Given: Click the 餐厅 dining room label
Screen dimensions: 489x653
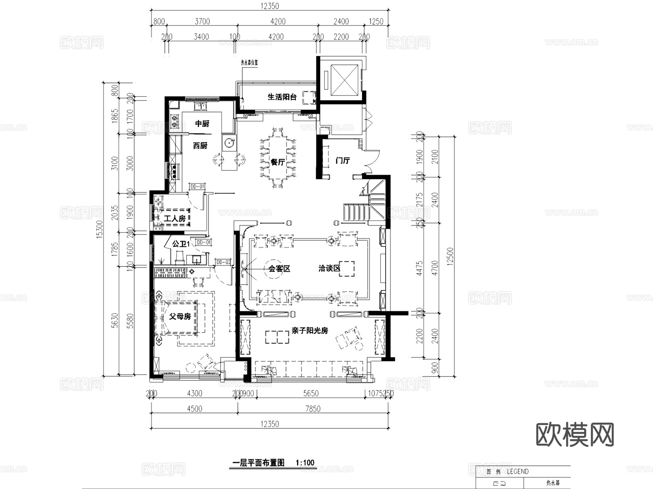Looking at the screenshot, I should pos(278,162).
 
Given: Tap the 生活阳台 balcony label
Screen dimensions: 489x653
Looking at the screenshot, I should pos(282,97).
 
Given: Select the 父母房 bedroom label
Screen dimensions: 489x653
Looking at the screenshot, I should pos(180,317).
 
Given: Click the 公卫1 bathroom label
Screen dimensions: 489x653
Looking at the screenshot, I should pos(180,244).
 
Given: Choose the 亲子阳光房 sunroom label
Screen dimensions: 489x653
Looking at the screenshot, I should pos(309,331).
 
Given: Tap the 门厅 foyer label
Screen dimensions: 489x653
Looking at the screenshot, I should pos(342,160).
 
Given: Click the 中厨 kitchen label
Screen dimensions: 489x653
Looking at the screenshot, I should pos(202,124).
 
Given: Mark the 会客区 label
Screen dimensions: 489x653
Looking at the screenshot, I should pos(279,269).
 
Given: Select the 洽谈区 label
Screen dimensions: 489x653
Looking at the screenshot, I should pos(329,269).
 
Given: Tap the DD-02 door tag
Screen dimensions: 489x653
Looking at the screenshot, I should pos(223,262).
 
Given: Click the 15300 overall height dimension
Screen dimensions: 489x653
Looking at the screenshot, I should pos(100,229).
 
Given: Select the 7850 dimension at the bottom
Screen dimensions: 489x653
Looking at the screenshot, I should pos(313,409).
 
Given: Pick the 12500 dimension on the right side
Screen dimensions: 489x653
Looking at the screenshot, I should pos(450,256).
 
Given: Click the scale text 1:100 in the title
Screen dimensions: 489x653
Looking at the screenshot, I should pos(305,463).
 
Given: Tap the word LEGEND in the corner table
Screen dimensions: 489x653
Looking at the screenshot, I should pos(517,472).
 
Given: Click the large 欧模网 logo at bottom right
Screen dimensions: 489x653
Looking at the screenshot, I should pos(575,435).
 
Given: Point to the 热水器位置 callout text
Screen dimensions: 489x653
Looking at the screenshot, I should pos(249,62).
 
